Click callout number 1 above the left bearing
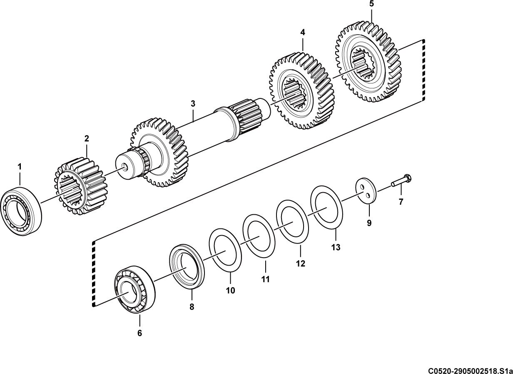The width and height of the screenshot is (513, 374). pos(20,167)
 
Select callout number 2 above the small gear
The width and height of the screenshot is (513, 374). pos(87,138)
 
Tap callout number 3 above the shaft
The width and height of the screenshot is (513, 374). pos(193,104)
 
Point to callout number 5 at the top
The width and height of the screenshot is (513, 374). pos(371,4)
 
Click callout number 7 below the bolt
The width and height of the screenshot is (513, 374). pos(401,202)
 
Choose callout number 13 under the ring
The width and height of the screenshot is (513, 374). pos(336,247)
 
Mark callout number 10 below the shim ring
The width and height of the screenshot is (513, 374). pos(231,291)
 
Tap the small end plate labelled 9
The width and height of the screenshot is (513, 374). pos(366,191)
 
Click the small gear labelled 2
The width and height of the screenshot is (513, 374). pos(81,186)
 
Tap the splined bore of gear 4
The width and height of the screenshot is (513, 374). pos(294,92)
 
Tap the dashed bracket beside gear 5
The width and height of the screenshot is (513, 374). pos(424,70)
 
